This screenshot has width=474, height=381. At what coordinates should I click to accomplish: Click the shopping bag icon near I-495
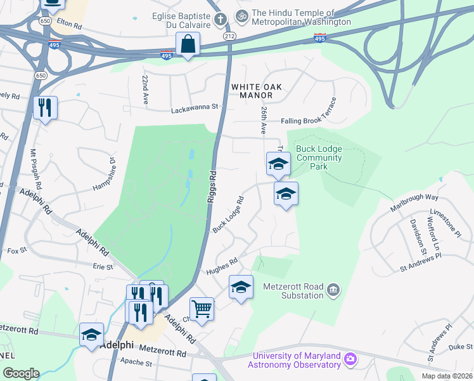188,44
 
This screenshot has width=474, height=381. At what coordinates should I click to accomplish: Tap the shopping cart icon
202,309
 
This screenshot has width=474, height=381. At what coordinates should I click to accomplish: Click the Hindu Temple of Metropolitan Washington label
301,17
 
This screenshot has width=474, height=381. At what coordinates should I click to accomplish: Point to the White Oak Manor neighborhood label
252,91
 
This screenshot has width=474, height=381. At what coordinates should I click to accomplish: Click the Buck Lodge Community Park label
319,157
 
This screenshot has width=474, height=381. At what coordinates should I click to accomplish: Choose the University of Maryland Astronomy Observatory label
297,360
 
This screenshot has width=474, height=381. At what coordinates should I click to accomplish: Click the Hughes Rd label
221,266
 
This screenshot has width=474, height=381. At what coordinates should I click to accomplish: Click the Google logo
21,373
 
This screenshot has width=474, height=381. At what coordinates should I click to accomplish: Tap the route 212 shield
229,37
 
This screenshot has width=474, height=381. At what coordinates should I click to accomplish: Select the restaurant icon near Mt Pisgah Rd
45,108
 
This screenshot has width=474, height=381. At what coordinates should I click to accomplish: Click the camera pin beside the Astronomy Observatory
350,361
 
